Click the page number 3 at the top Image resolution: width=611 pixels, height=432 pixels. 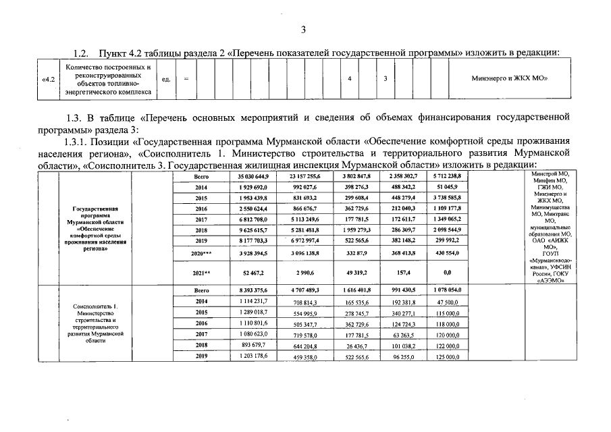coord(304,30)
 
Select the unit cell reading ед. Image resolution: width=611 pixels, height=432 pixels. coord(166,79)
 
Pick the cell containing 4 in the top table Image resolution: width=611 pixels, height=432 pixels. coord(349,79)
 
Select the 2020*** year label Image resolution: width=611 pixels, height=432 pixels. coord(201,252)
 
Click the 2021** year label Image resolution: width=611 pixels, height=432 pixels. coord(201,273)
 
